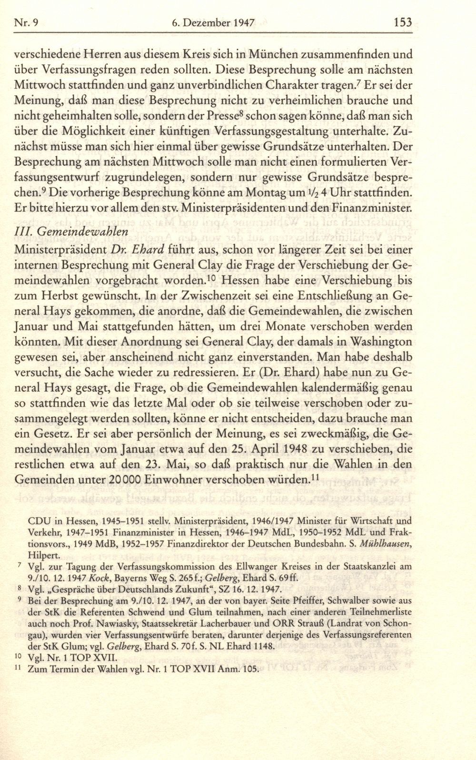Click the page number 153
(x=402, y=22)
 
